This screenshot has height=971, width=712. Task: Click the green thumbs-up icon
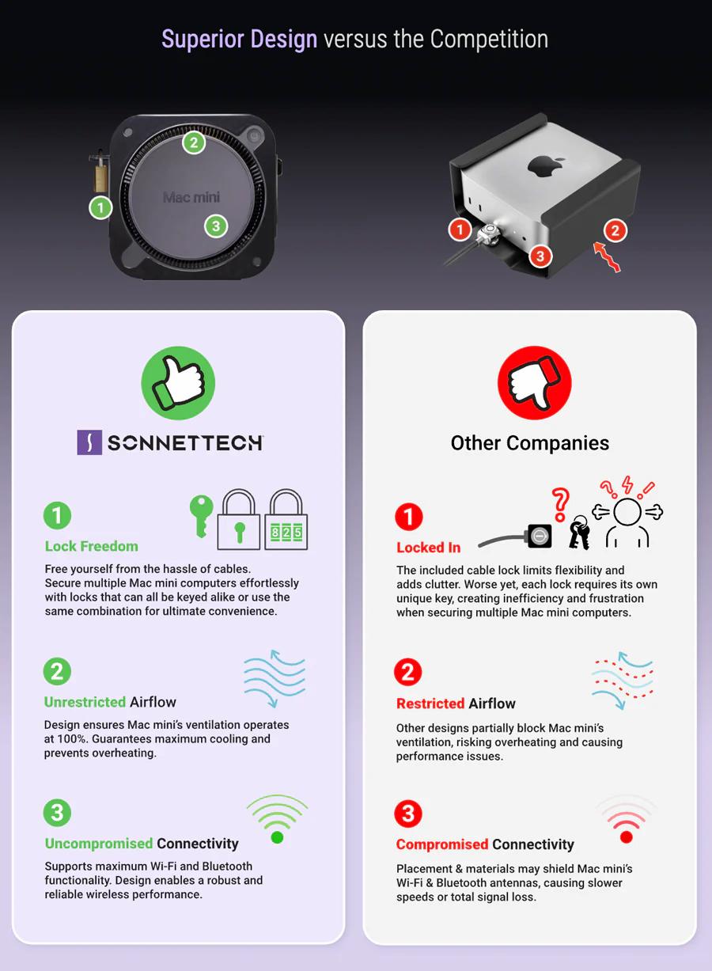coord(178,383)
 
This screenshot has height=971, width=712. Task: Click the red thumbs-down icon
coord(534,383)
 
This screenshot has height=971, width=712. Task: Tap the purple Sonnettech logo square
coord(89,442)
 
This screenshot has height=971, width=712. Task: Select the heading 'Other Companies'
coord(529,443)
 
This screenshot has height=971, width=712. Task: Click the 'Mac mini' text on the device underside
coord(191,197)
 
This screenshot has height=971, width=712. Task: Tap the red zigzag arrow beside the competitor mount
coord(607,256)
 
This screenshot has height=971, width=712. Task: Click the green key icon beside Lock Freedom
coord(202,516)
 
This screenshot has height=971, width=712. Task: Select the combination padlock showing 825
coord(286,519)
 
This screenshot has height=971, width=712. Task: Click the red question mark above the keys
coord(560,504)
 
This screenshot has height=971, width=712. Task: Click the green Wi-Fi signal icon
coord(278,819)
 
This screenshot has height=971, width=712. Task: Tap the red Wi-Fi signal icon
coord(627,819)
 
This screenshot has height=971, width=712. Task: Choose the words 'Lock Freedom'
coord(92,546)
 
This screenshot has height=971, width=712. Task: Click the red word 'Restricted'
coord(430,703)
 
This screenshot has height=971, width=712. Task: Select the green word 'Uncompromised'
coord(99,843)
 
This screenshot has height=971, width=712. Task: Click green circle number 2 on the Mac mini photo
coord(194,142)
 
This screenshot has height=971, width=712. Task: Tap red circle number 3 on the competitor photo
coord(540,256)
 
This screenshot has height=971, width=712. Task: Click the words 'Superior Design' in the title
coord(239,39)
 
